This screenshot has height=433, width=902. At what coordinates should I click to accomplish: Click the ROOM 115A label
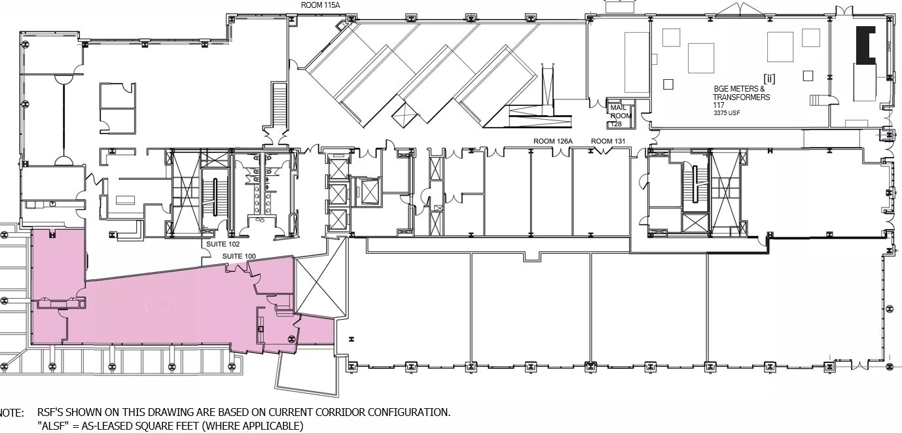pyautogui.click(x=320, y=5)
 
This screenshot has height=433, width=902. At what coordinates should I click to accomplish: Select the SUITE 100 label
pyautogui.click(x=239, y=256)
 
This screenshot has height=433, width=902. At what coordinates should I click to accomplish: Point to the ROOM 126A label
pyautogui.click(x=553, y=141)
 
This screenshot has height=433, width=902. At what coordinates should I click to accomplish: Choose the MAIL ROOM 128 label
pyautogui.click(x=621, y=116)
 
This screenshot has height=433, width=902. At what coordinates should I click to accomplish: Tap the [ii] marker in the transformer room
pyautogui.click(x=769, y=78)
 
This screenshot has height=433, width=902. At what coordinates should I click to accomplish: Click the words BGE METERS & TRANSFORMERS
pyautogui.click(x=741, y=93)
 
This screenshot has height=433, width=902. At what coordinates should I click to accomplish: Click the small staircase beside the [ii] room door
pyautogui.click(x=818, y=99)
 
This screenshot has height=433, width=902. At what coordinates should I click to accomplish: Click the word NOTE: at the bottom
pyautogui.click(x=12, y=413)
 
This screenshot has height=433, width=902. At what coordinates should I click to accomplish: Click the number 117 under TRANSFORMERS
pyautogui.click(x=719, y=105)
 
